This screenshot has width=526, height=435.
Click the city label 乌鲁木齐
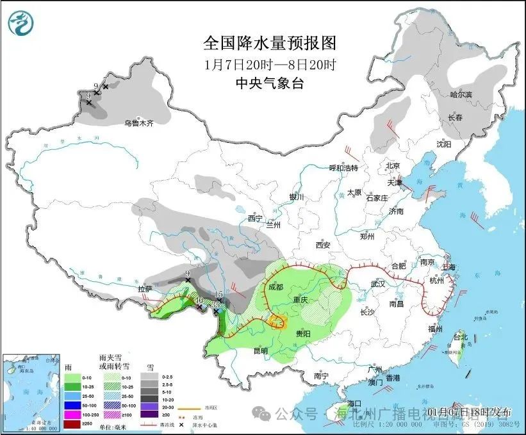pos(139,123)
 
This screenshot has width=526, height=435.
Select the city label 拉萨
pos(145,289)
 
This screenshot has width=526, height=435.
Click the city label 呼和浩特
pos(343,168)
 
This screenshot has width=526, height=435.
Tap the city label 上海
pos(448,267)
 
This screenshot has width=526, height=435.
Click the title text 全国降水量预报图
pos(269,43)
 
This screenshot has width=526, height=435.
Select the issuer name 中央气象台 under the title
pos(269,82)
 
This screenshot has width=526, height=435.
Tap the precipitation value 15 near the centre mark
pos(218,294)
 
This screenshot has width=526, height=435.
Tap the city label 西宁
pos(255,218)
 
